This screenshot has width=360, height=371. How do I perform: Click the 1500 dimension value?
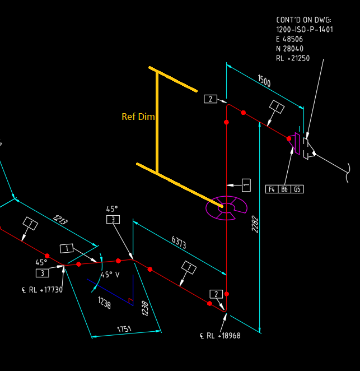tap(264, 81)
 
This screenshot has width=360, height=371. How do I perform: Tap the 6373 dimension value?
tap(179, 243)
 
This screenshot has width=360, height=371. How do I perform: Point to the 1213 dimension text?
tap(60, 220)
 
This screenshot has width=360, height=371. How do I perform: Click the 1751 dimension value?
tap(124, 329)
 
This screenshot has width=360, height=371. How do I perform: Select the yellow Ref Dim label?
tap(138, 117)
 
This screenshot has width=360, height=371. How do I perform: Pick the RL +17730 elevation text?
tap(41, 290)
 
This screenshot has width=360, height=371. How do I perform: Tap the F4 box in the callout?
tap(272, 189)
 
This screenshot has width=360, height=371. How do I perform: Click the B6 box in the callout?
tap(284, 189)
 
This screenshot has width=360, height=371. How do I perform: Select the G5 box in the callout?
tap(297, 189)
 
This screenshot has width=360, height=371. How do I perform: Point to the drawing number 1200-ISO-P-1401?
tap(305, 29)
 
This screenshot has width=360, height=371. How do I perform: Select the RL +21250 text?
tap(293, 58)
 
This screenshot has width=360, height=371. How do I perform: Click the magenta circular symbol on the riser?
tap(226, 207)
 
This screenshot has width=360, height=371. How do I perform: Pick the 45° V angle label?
tap(110, 275)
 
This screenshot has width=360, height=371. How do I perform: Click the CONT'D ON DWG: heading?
tap(303, 20)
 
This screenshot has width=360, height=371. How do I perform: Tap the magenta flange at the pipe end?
tap(296, 142)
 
